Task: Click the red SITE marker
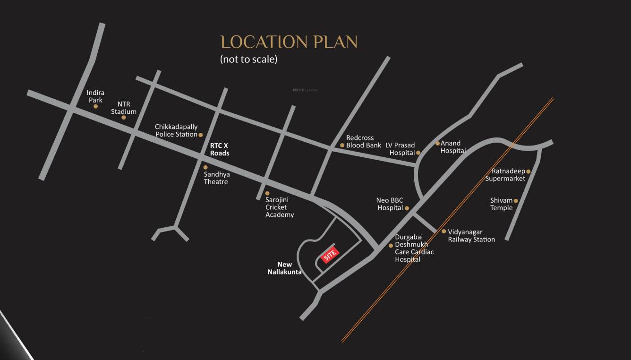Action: [330, 256]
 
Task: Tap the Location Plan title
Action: [289, 42]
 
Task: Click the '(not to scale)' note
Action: [248, 60]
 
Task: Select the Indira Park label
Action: [96, 96]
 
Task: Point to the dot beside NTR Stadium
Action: [124, 117]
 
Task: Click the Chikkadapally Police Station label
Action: [176, 130]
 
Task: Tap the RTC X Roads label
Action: [220, 149]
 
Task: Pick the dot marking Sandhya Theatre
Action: [205, 167]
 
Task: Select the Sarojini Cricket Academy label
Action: [280, 207]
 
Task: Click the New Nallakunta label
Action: [284, 268]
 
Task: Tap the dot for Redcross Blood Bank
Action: [342, 145]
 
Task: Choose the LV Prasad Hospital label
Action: [400, 149]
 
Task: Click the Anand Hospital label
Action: [453, 147]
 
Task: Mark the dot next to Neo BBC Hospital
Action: [407, 208]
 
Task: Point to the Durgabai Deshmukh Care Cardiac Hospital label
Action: [414, 248]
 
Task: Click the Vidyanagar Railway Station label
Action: [471, 236]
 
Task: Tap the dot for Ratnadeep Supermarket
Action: [529, 171]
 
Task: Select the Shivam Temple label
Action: [501, 204]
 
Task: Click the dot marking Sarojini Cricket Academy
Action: [267, 193]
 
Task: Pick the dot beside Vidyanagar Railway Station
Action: [444, 231]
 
